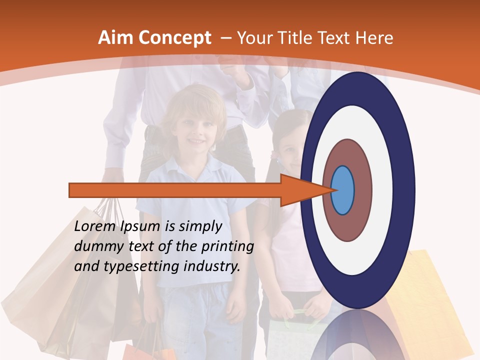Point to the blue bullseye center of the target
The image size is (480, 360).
tap(343, 190)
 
